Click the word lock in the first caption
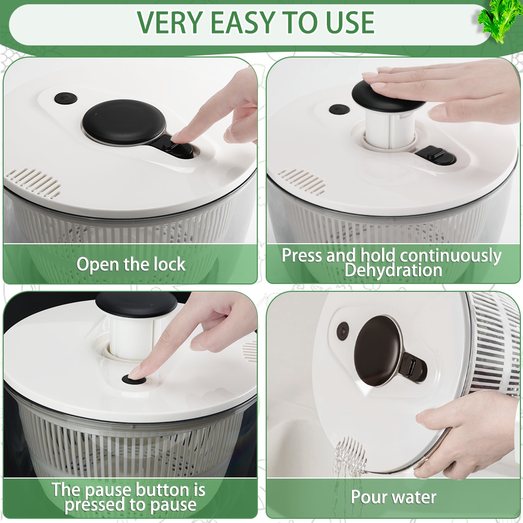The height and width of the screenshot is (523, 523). pyautogui.click(x=169, y=265)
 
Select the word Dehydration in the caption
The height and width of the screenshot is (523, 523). pyautogui.click(x=393, y=270)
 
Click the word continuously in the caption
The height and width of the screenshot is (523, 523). pyautogui.click(x=451, y=256)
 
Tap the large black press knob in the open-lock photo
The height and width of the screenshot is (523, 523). pyautogui.click(x=124, y=122)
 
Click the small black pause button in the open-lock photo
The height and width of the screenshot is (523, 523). pyautogui.click(x=66, y=98)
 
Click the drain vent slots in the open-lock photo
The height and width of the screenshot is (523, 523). pyautogui.click(x=33, y=182)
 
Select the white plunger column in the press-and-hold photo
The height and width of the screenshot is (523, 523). pyautogui.click(x=389, y=130)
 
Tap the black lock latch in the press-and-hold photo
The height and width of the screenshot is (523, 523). pyautogui.click(x=435, y=156)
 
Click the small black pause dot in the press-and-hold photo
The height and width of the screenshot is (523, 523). pyautogui.click(x=339, y=109)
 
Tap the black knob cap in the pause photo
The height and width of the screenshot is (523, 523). pyautogui.click(x=136, y=304)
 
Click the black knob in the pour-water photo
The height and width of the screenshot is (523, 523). pyautogui.click(x=378, y=350)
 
